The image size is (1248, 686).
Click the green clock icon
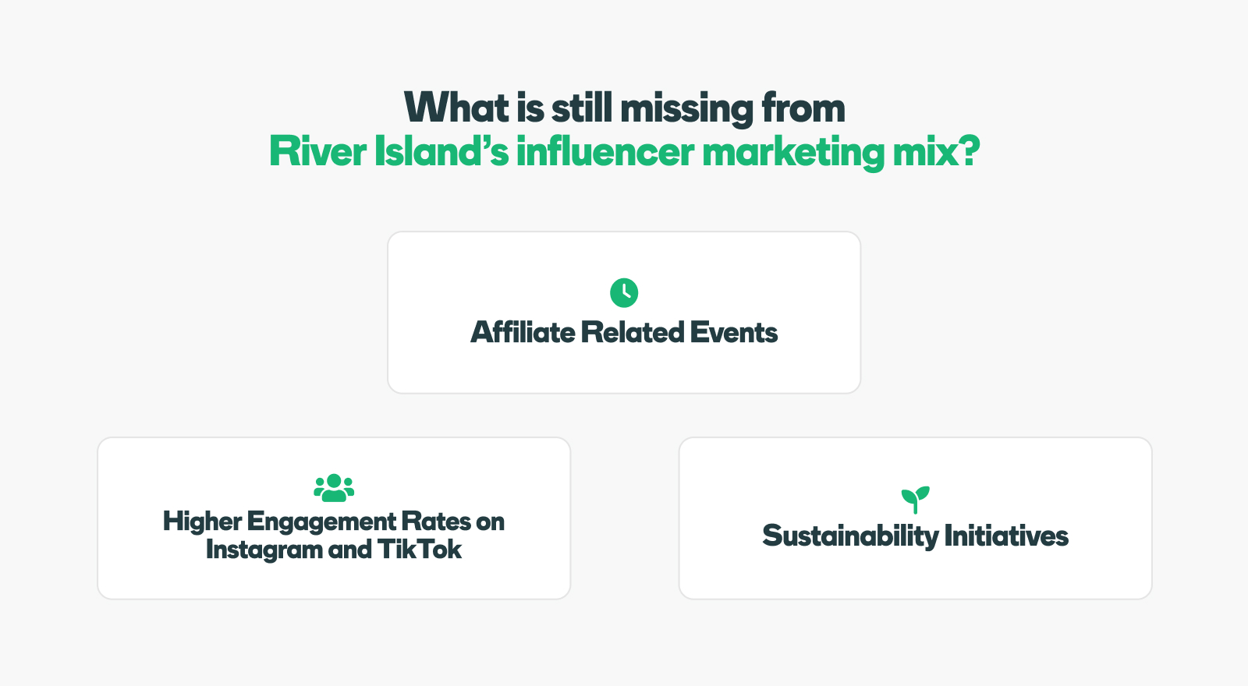624,293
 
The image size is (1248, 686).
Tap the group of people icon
334,488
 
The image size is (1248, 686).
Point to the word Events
734,332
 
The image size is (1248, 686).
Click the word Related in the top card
633,332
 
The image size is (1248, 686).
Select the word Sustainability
851,536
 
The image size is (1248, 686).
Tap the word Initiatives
1006,536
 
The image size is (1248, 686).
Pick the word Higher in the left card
202,522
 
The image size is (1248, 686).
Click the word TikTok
420,550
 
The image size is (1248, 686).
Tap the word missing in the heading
687,110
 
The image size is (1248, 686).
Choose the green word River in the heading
317,151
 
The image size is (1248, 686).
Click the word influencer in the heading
605,151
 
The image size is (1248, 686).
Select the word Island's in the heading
441,151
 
